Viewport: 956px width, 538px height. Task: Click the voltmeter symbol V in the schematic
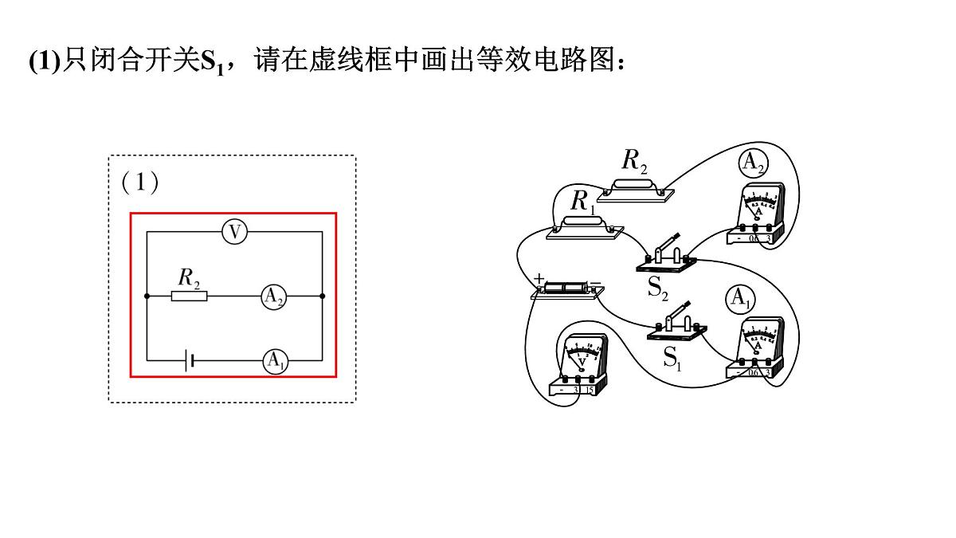(x=234, y=232)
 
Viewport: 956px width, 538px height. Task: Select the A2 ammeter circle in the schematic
(x=273, y=296)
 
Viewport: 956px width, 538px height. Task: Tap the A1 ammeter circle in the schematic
(x=276, y=361)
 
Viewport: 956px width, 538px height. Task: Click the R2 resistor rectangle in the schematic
(x=190, y=296)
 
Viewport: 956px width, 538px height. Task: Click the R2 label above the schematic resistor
(x=189, y=277)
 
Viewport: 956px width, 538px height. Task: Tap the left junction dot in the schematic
(x=147, y=296)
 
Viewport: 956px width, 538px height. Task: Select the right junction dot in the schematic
(x=322, y=296)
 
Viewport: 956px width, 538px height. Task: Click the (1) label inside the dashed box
(x=140, y=183)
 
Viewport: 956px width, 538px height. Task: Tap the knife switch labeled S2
(x=668, y=253)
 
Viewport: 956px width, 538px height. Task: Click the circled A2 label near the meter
(x=753, y=163)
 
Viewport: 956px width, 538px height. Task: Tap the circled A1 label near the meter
(x=740, y=299)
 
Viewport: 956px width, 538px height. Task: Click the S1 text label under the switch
(x=672, y=358)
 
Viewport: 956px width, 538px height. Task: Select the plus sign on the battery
(x=539, y=278)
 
